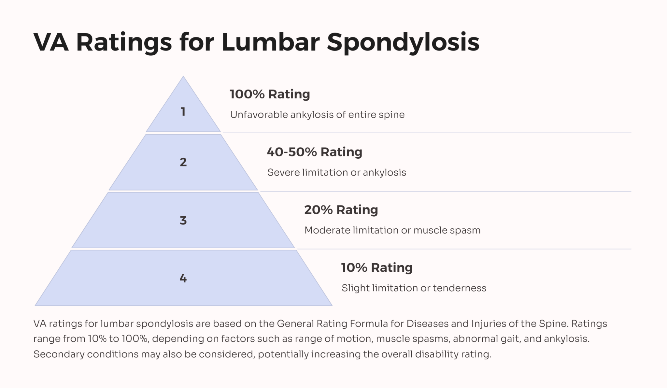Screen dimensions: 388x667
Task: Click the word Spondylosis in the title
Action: pyautogui.click(x=403, y=42)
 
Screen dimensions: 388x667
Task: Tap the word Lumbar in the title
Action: pyautogui.click(x=270, y=42)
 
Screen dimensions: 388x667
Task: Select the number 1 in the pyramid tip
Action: pyautogui.click(x=183, y=112)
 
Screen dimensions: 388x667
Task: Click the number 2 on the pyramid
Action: pyautogui.click(x=183, y=162)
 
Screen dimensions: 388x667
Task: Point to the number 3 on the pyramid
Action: pyautogui.click(x=183, y=221)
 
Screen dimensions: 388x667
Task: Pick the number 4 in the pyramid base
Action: pyautogui.click(x=183, y=278)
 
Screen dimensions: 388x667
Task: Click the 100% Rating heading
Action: pyautogui.click(x=270, y=94)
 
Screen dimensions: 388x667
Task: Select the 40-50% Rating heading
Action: pyautogui.click(x=314, y=152)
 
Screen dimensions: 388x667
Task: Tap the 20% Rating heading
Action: pyautogui.click(x=341, y=210)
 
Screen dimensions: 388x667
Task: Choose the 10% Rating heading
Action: pyautogui.click(x=377, y=267)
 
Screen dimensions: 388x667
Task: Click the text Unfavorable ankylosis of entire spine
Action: pyautogui.click(x=317, y=115)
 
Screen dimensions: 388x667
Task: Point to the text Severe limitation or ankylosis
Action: pyautogui.click(x=336, y=172)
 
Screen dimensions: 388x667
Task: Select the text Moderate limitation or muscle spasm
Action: pyautogui.click(x=392, y=230)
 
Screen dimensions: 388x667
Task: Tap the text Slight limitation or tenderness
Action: pyautogui.click(x=414, y=288)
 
